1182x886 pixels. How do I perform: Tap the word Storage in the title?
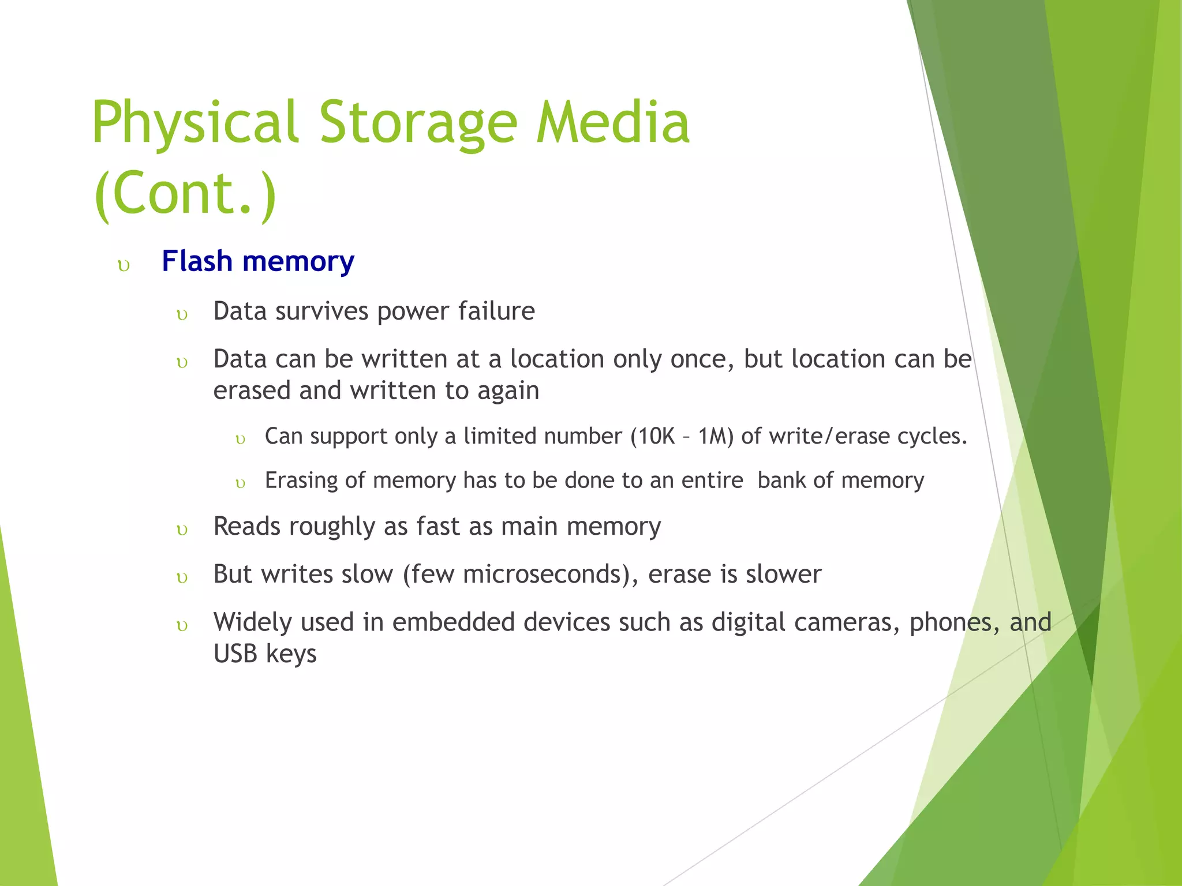click(x=418, y=122)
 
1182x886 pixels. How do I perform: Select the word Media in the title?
click(x=613, y=122)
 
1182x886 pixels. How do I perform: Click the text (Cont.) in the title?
click(x=185, y=193)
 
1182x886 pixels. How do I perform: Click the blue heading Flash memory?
click(x=258, y=261)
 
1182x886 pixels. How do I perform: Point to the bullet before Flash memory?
click(x=124, y=266)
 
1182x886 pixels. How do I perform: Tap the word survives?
click(x=322, y=311)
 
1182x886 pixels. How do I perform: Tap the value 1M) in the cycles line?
click(x=716, y=437)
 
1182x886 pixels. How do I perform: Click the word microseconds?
click(x=545, y=575)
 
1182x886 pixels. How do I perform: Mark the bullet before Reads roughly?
click(x=182, y=531)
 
